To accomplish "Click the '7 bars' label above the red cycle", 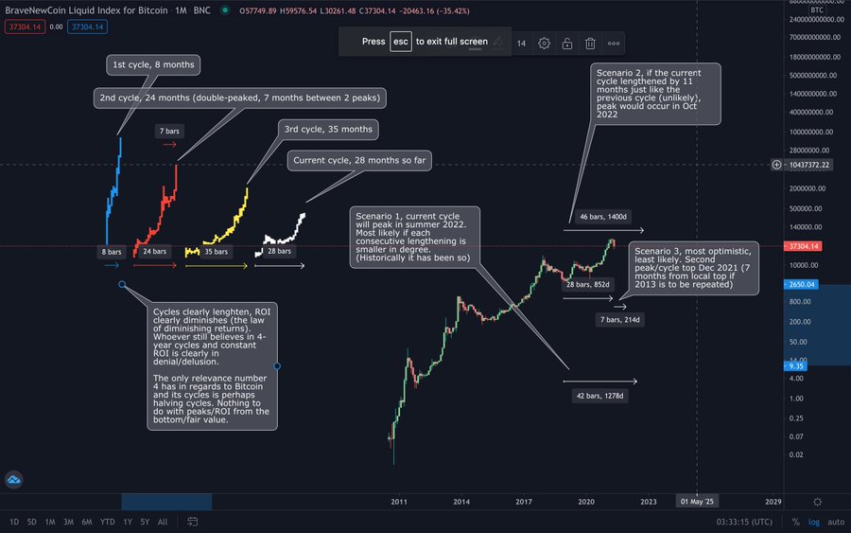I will click(169, 130).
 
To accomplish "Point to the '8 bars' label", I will click(113, 252).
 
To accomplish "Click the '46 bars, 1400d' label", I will click(602, 217).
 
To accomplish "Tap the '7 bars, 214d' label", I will click(621, 320).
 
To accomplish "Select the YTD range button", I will click(107, 522).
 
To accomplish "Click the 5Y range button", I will click(145, 522).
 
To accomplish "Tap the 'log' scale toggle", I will click(814, 522).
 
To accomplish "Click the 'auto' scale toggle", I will click(836, 522).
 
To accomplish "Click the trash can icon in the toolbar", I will click(590, 43).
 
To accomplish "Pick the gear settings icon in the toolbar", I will click(544, 43).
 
